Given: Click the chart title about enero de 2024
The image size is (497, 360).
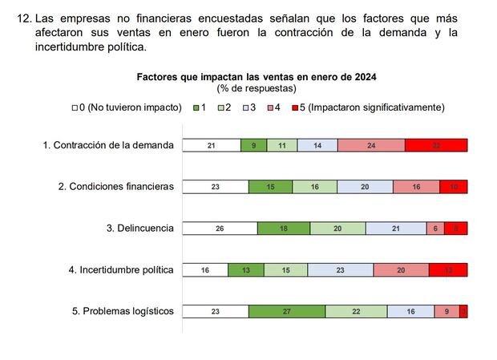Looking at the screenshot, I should (x=257, y=77).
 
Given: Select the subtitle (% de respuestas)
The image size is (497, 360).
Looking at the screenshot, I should (x=257, y=88).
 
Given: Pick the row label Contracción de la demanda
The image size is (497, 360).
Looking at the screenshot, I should (x=107, y=145).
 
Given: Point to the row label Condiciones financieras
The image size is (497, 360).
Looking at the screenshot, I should (x=115, y=186).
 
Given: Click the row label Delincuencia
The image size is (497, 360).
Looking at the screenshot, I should (x=139, y=228).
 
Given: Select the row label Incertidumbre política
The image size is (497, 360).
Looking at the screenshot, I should (x=120, y=269).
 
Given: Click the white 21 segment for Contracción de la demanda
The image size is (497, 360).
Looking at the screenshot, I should (x=211, y=145).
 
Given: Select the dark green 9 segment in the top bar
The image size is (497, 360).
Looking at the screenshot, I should (x=253, y=145).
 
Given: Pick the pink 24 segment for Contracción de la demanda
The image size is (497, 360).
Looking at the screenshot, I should (x=371, y=145).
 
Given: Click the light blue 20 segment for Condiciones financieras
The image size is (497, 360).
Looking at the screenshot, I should (x=365, y=187).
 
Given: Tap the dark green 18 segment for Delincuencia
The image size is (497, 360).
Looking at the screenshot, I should (x=283, y=229).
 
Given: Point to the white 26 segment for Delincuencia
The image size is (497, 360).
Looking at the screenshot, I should (x=220, y=229).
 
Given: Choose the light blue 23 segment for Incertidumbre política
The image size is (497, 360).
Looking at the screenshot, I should (x=340, y=270).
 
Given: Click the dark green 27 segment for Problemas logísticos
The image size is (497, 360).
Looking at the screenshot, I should (x=287, y=312).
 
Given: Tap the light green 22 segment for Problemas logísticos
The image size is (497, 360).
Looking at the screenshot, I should (x=356, y=312).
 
